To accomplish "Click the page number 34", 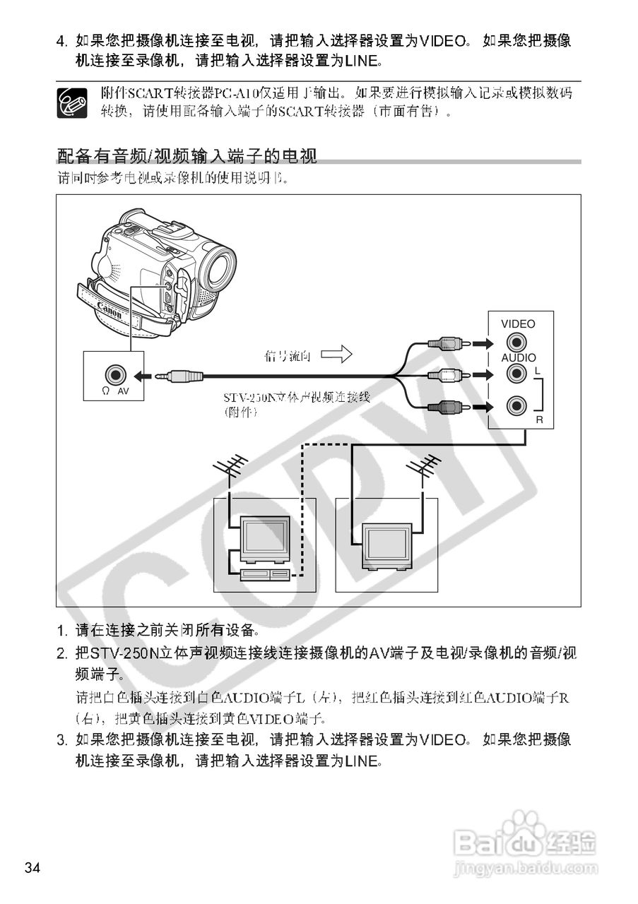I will point(33,868).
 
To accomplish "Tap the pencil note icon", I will point(71,102).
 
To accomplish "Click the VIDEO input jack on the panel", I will point(518,344).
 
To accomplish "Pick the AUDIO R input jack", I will point(518,405).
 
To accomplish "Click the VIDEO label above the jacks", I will point(518,324).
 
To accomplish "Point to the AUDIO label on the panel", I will point(518,358).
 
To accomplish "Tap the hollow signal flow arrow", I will point(336,355).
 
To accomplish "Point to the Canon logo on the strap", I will point(109,311).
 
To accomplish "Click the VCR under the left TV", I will point(264,574).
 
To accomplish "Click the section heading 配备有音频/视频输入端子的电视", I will point(187,155).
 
